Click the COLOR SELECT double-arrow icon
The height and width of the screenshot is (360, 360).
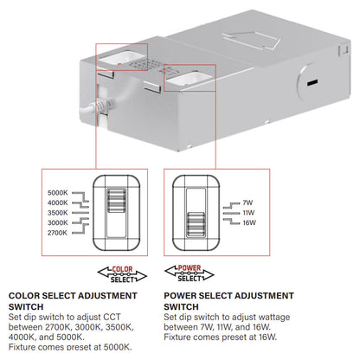pyautogui.click(x=121, y=273)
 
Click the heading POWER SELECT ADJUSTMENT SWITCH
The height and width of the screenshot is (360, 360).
pyautogui.click(x=228, y=300)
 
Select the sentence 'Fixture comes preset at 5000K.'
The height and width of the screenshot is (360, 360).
pyautogui.click(x=69, y=346)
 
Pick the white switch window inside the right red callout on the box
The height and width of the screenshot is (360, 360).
pyautogui.click(x=187, y=80)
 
